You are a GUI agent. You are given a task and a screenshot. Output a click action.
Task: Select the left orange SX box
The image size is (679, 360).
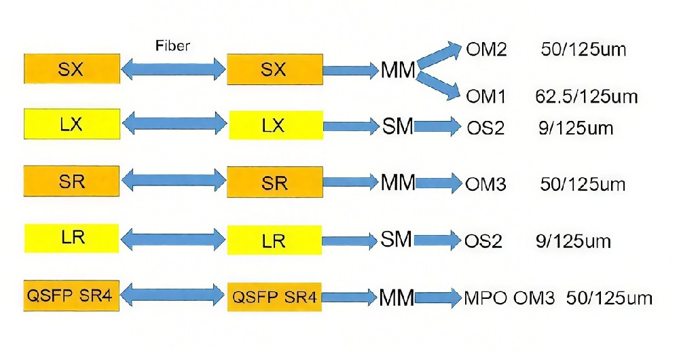tap(71, 69)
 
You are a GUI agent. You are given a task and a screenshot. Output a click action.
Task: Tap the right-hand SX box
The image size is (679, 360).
tap(274, 69)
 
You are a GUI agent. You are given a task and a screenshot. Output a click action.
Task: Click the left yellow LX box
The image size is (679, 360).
tap(71, 124)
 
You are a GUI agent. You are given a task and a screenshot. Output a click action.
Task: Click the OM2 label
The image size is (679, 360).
tap(486, 50)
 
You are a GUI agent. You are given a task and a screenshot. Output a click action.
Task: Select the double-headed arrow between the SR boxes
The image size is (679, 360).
tap(173, 181)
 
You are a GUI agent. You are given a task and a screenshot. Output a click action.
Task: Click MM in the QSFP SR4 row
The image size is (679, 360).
tap(397, 297)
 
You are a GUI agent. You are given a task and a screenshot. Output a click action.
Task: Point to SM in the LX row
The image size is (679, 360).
tap(397, 126)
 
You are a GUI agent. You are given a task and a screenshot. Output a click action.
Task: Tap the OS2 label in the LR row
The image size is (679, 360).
tap(484, 241)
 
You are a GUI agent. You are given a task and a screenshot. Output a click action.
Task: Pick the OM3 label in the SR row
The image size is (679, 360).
tap(485, 183)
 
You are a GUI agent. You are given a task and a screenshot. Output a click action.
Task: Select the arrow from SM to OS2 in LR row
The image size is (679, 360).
tap(437, 240)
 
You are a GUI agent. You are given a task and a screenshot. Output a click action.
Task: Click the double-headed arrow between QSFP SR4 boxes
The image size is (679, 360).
tap(173, 295)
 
